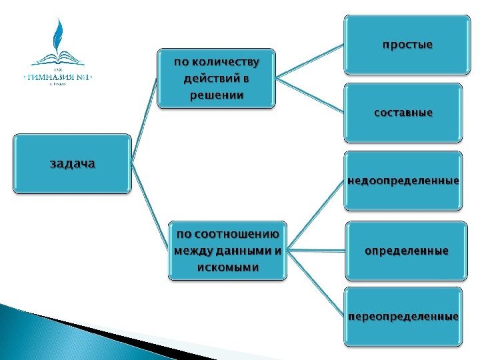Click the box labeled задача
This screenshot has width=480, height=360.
tap(73, 163)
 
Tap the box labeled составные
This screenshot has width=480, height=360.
tap(403, 113)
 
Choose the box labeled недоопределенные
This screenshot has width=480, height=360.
tap(403, 181)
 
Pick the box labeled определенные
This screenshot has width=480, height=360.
tap(406, 251)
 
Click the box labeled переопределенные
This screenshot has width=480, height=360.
tap(403, 316)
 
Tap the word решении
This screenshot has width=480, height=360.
tap(216, 95)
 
